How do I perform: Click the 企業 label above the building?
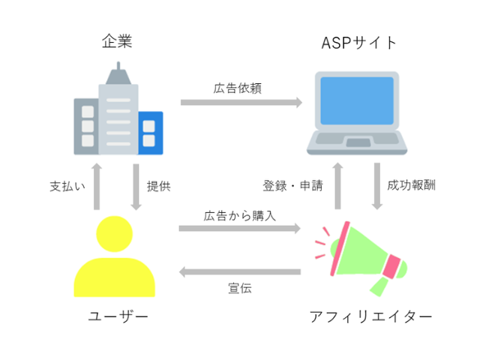(x=118, y=42)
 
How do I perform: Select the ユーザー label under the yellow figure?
(x=118, y=316)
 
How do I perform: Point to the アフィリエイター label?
(x=370, y=316)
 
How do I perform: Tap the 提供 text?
(x=158, y=186)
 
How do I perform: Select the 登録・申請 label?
(x=292, y=186)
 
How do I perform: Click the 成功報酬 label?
(x=412, y=186)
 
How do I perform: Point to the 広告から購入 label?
(x=239, y=214)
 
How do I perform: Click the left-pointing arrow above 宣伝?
(x=240, y=271)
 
